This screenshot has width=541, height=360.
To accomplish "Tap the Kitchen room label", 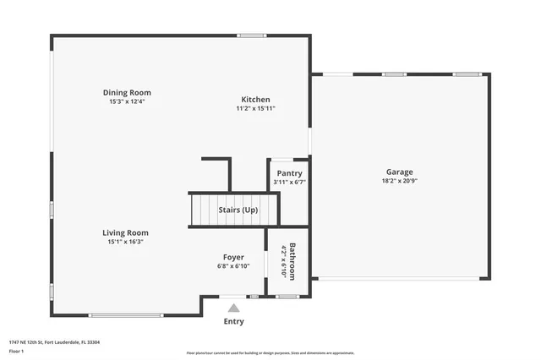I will point(255,98).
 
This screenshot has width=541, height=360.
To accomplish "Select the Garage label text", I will point(400,172).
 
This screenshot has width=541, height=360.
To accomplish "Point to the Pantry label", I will point(289,173).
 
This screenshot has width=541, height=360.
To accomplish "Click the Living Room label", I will point(125,232).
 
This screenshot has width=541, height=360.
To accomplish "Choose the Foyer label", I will point(233,257).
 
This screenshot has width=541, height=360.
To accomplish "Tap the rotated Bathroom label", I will point(292,261).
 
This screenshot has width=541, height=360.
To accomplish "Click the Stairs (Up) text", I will point(238,210).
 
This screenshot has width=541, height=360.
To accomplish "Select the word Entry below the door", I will point(233,321).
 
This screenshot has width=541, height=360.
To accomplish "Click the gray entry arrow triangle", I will point(233,308).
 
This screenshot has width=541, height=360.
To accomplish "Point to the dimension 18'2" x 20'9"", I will point(400,181).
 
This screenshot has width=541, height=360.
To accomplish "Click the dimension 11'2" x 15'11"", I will point(255,108).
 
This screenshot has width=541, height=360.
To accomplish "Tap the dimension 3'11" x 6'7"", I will point(289,182).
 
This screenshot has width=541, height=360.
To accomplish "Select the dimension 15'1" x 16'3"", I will point(125,242).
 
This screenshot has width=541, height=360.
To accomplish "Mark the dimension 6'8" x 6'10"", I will point(233,266).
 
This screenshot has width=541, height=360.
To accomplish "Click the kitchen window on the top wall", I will point(252,35).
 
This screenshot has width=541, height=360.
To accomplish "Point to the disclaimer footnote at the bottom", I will point(270,353).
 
